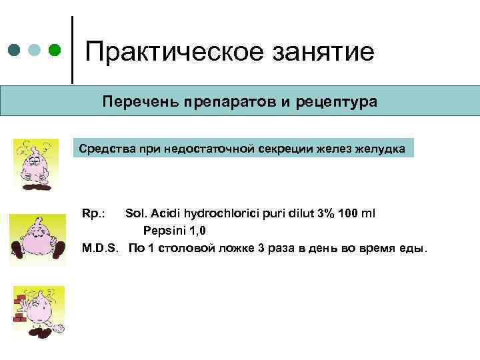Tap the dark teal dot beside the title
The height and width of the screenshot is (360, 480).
point(15,50)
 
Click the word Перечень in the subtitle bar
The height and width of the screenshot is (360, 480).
point(135,102)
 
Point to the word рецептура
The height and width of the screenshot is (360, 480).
point(340,102)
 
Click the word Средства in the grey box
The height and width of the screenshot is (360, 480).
point(104,147)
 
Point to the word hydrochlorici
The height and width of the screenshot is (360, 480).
point(220,213)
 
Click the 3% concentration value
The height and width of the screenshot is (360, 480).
point(326,213)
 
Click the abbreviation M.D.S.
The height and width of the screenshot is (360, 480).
point(100,248)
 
